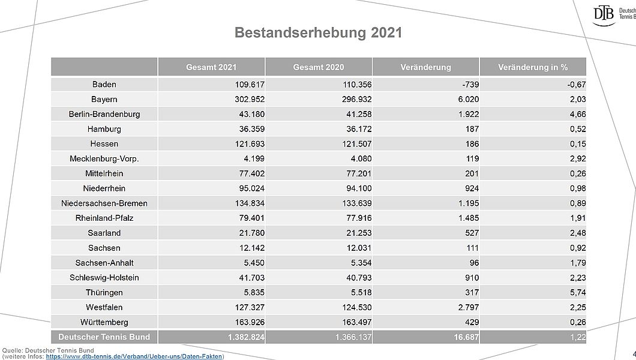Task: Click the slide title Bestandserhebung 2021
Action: (318, 32)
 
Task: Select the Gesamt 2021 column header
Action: (211, 67)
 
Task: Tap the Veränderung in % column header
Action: (533, 67)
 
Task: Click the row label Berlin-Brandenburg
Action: (104, 114)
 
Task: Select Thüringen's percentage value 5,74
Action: (577, 293)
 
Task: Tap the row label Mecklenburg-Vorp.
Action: (104, 159)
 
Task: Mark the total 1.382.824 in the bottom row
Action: (246, 337)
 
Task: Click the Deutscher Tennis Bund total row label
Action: (104, 337)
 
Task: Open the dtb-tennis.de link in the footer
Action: (134, 356)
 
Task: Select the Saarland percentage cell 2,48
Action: (577, 233)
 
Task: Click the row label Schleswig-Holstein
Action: (104, 278)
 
